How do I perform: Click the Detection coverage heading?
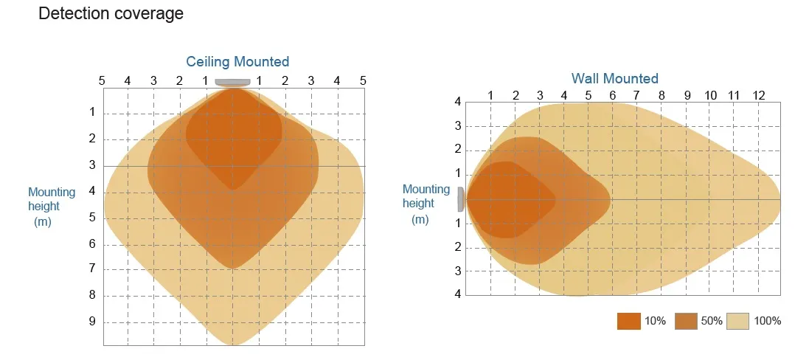(111, 14)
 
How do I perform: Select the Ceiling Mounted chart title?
(237, 61)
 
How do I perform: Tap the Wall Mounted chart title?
(614, 78)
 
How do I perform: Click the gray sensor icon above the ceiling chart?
(232, 82)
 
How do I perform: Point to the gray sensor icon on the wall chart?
(461, 198)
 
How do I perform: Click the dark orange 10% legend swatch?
(628, 321)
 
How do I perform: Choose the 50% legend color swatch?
(686, 321)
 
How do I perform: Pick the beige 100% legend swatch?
(738, 321)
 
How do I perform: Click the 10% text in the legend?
(655, 321)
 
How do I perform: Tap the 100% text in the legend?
(768, 321)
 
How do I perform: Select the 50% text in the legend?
(711, 321)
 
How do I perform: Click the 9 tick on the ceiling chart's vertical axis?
(92, 322)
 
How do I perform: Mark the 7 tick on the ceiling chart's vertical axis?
(92, 269)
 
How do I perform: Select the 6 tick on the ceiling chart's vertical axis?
(92, 243)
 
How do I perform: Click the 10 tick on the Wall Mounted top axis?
(710, 95)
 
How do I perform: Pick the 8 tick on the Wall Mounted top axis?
(662, 95)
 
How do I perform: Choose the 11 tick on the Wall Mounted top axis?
(734, 95)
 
